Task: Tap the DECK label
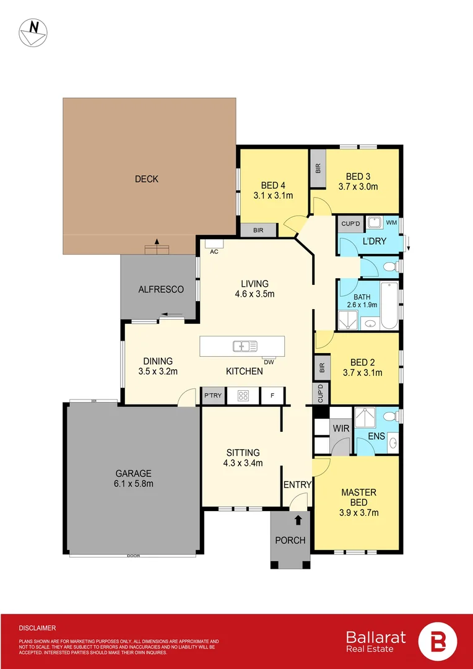pos(147,179)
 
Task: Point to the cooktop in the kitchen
pos(243,395)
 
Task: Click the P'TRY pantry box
pos(213,395)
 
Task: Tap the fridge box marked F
pos(272,395)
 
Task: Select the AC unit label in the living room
pos(214,251)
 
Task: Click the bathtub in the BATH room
pos(389,305)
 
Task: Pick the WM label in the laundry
pos(391,222)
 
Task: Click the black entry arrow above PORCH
pos(298,520)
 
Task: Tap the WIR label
pos(341,428)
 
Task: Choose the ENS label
pos(376,436)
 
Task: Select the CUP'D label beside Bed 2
pos(321,391)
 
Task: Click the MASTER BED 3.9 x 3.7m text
pos(359,502)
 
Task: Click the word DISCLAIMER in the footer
pos(37,627)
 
